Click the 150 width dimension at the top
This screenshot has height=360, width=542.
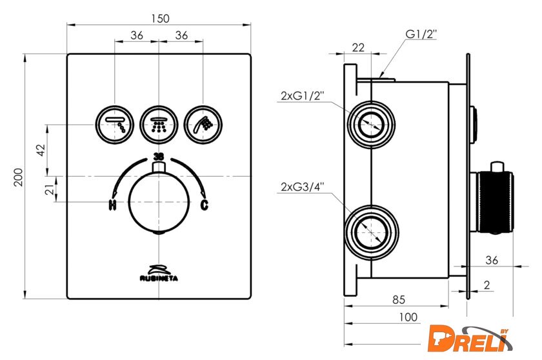point(157,19)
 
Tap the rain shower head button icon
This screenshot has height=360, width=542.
point(158,123)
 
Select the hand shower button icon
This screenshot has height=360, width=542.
point(203,123)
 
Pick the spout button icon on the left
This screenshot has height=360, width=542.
point(115,123)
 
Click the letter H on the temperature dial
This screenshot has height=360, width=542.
point(112,206)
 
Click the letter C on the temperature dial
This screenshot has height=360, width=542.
point(205,206)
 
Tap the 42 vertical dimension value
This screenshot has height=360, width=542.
point(41,149)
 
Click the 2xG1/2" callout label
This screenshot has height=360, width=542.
point(302,96)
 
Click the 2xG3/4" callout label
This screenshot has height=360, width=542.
point(302,187)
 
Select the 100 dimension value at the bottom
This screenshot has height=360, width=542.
point(408,316)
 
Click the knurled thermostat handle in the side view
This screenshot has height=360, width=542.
point(494,201)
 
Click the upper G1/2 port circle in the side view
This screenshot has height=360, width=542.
point(371,123)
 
